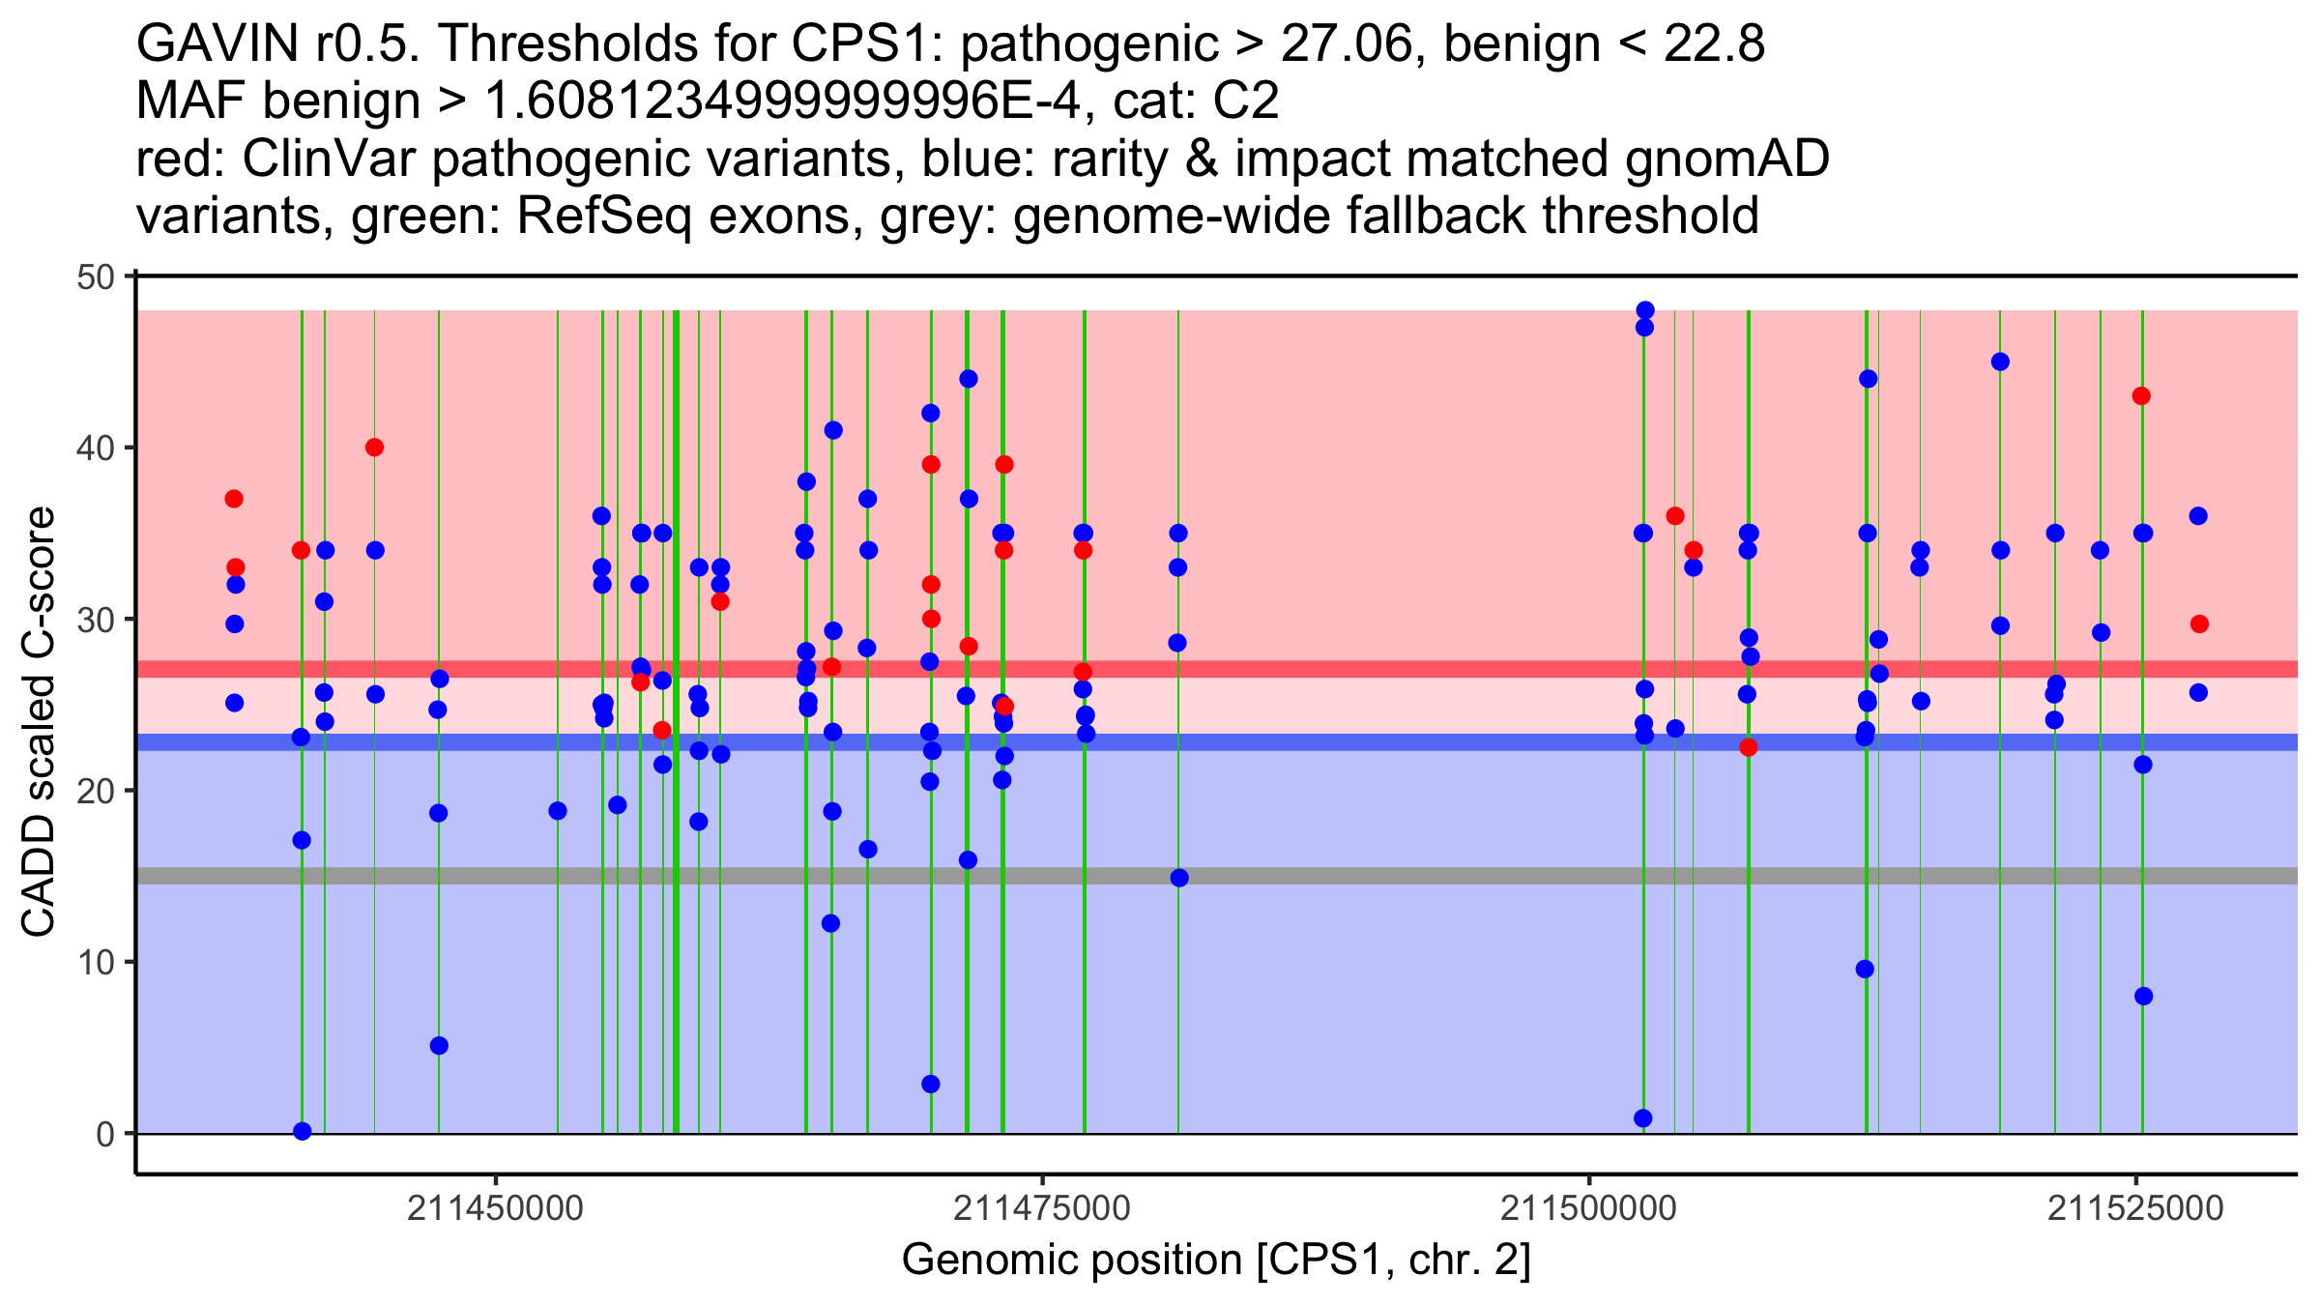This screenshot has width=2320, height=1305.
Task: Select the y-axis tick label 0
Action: click(104, 1134)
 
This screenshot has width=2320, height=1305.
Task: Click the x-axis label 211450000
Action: click(495, 1208)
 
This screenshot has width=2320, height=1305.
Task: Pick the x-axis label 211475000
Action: click(1041, 1208)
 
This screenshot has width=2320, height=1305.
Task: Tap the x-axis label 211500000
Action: click(1588, 1208)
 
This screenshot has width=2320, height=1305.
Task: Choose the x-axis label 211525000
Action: click(2134, 1208)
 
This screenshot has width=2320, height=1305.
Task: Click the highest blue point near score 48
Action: click(1644, 310)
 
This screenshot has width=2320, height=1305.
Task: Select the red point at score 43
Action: click(2141, 396)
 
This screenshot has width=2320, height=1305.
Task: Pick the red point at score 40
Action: click(374, 448)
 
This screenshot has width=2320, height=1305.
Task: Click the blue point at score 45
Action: click(2000, 362)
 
